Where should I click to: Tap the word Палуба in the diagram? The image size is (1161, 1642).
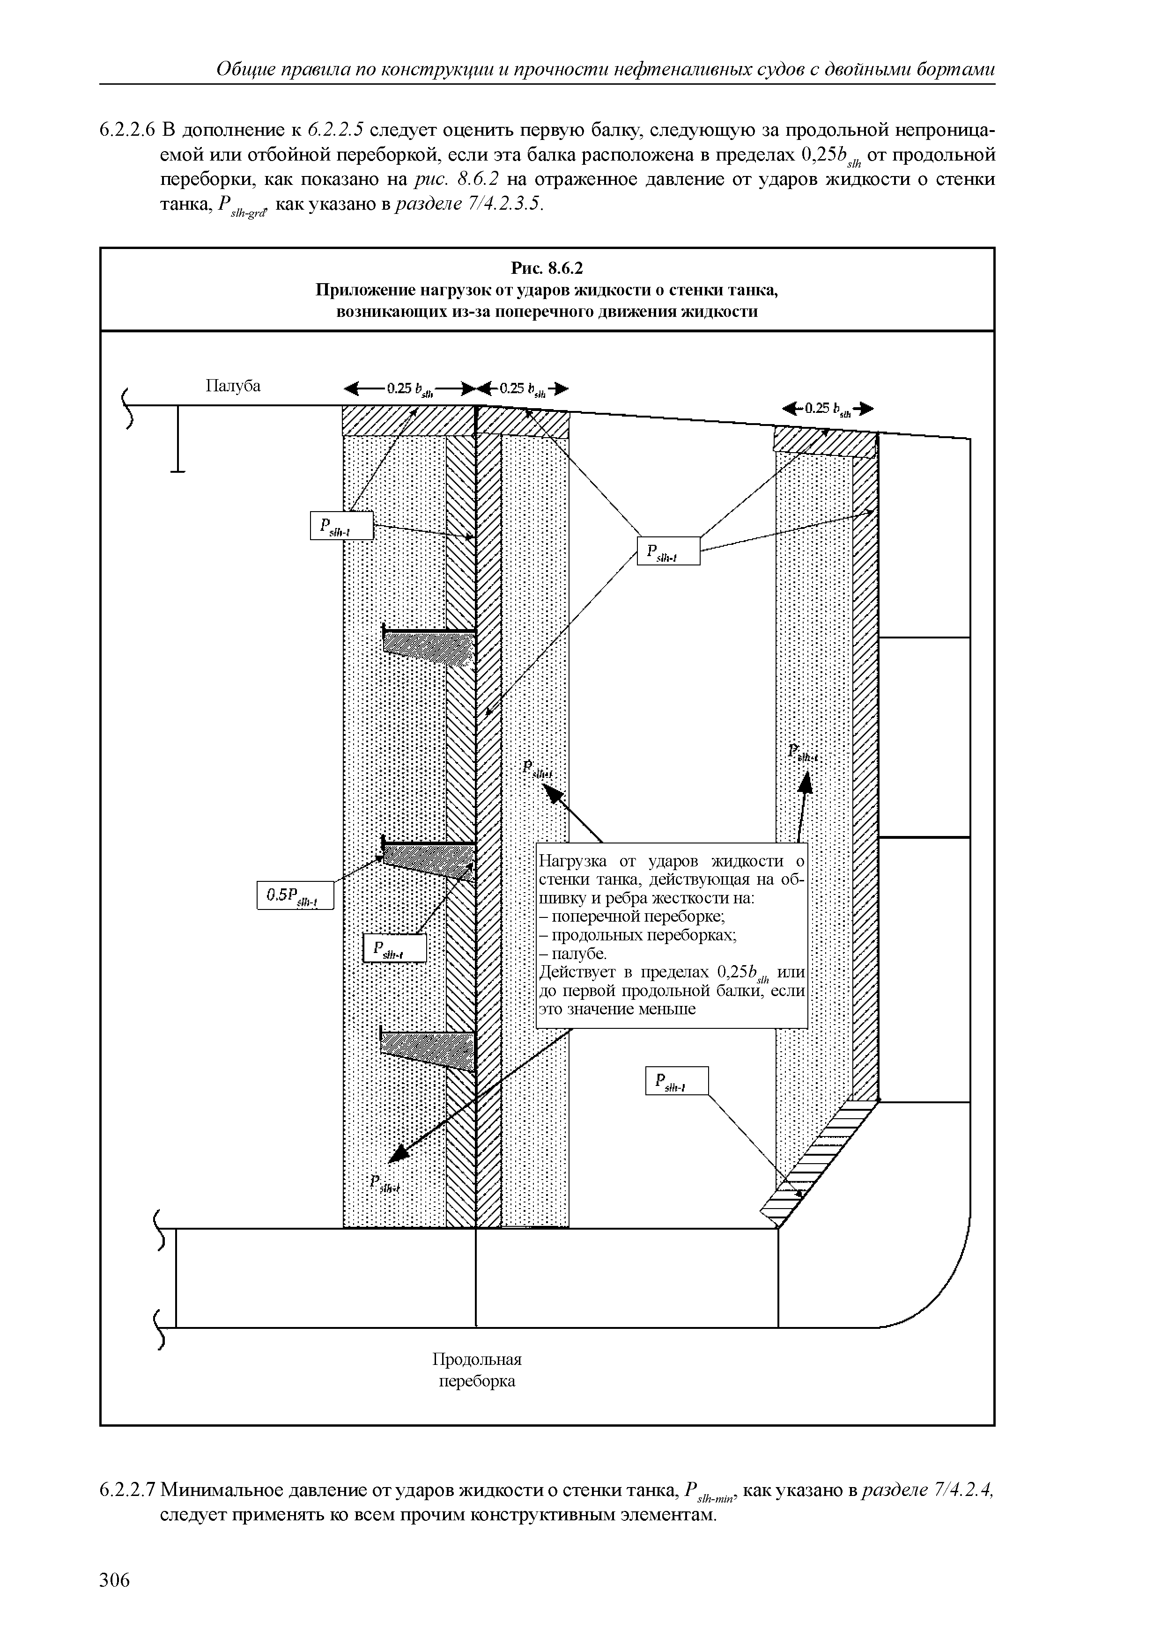233,386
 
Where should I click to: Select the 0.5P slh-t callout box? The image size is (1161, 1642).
296,895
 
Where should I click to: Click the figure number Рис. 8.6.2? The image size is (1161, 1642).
547,268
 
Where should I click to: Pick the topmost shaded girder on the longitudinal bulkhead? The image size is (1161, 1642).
427,642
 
